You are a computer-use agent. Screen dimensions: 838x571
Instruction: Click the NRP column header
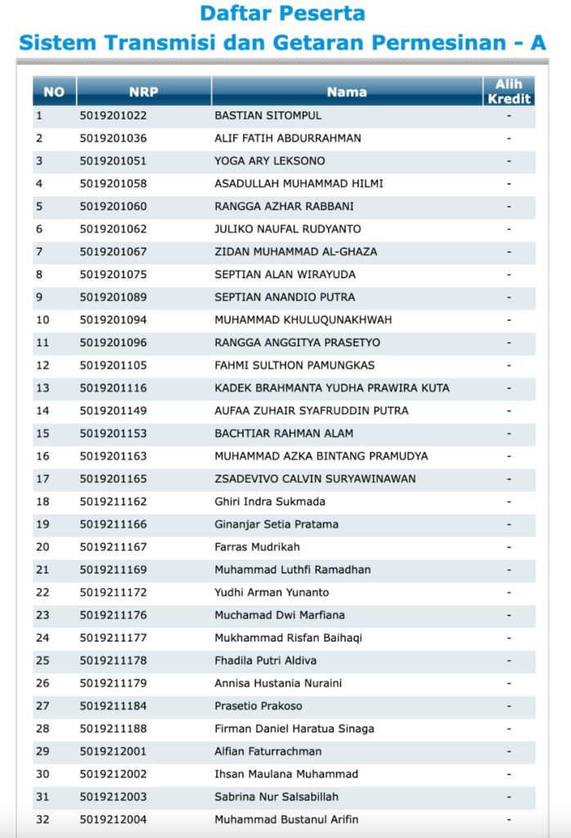(144, 92)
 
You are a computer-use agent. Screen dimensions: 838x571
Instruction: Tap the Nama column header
(347, 92)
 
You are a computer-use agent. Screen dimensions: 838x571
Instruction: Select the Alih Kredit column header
(509, 92)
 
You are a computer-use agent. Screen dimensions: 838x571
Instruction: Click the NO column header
(54, 92)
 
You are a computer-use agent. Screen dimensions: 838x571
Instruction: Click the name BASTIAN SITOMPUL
(268, 115)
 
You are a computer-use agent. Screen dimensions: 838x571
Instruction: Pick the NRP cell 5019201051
(114, 161)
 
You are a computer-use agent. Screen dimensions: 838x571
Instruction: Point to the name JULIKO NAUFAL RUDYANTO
(287, 229)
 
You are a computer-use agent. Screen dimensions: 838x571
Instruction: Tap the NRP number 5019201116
(114, 388)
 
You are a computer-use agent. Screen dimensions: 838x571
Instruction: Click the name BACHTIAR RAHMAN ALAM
(278, 434)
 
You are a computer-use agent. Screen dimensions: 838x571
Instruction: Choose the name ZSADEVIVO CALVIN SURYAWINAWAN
(315, 479)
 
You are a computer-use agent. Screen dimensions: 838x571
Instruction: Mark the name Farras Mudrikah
(257, 547)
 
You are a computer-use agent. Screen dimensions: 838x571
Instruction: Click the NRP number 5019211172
(114, 592)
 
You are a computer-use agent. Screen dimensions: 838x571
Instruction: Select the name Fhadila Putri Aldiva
(265, 660)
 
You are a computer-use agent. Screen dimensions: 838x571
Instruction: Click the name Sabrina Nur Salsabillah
(277, 797)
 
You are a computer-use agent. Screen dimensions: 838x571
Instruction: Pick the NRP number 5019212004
(114, 819)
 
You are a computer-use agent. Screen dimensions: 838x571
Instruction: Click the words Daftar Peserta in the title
(282, 14)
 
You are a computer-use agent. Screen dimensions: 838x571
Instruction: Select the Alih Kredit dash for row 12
(509, 365)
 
